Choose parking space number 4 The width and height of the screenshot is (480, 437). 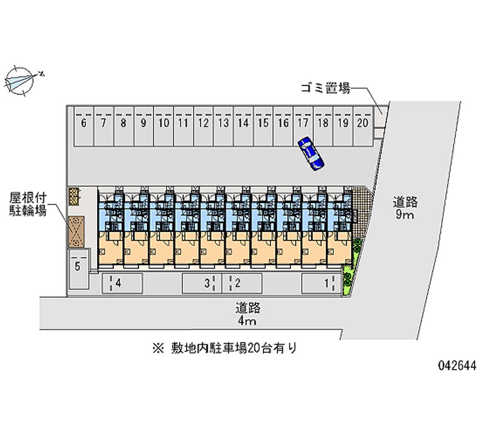(121, 283)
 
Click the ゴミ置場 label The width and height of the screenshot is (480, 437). (325, 89)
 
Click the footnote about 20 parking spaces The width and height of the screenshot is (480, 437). (224, 347)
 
